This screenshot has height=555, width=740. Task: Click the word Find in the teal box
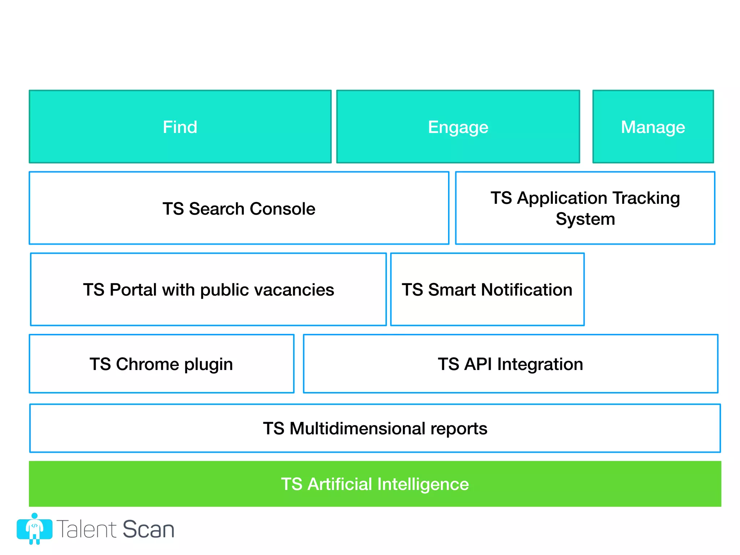(180, 127)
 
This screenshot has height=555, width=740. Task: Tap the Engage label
(458, 127)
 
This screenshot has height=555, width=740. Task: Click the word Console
(282, 209)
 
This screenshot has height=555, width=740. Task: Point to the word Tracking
(646, 198)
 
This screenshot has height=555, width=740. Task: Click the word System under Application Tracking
(585, 219)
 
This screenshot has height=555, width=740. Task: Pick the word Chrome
(147, 364)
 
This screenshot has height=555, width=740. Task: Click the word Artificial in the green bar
(340, 484)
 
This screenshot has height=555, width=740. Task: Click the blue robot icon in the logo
(34, 529)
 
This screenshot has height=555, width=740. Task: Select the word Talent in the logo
(87, 529)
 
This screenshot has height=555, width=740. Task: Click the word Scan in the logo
(149, 529)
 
